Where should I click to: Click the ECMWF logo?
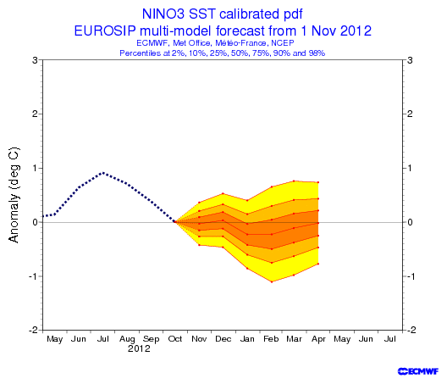pos(418,371)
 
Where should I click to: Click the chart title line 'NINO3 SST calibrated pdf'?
pos(223,14)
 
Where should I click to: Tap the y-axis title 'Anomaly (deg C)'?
pos(14,195)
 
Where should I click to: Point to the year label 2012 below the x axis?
pos(139,348)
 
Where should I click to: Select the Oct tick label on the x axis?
pos(175,339)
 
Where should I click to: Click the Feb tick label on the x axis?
pos(271,339)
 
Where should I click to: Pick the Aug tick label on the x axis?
pos(127,339)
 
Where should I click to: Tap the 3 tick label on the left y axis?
pos(35,60)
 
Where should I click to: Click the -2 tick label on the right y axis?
pos(409,330)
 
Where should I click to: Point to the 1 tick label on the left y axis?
pos(35,168)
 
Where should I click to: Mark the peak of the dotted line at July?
pos(103,173)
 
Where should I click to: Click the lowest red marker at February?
pos(272,282)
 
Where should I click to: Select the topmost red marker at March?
pos(294,181)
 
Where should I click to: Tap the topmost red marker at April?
pos(317,182)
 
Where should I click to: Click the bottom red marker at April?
pos(317,264)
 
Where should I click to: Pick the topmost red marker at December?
pos(223,193)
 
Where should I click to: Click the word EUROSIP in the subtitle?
pos(105,31)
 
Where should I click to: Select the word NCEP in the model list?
pos(283,43)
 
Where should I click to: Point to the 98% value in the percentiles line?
pos(317,53)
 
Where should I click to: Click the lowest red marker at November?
pos(199,245)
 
